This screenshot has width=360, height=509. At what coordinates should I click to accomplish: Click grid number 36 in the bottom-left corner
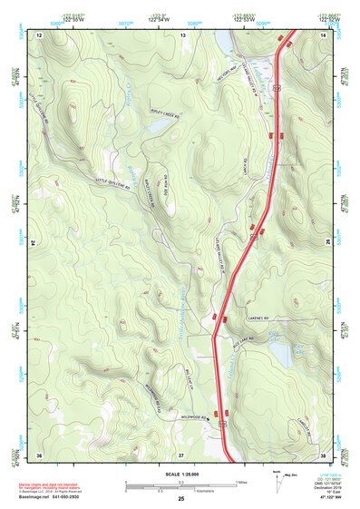(39, 454)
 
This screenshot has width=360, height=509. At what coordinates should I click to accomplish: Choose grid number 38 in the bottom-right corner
(324, 454)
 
